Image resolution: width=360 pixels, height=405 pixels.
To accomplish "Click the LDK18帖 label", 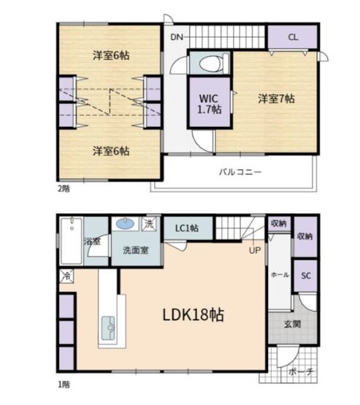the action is (193, 315).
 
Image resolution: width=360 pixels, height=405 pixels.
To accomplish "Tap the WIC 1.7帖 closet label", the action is (210, 104).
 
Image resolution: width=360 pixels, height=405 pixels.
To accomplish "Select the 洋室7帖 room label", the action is (276, 99).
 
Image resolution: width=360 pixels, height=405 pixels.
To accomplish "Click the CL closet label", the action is (293, 37).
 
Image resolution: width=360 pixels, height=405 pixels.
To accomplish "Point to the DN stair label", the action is (177, 37).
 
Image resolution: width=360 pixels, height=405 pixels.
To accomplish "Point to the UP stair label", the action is (255, 250).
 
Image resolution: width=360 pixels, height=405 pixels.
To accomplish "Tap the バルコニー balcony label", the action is (240, 171).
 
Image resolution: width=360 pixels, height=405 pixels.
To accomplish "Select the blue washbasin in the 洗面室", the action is (125, 223).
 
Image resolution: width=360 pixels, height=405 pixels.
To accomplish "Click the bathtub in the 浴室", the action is (72, 242).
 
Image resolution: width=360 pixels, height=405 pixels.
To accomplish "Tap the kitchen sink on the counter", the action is (108, 328).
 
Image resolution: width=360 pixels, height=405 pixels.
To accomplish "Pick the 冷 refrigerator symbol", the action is (66, 276).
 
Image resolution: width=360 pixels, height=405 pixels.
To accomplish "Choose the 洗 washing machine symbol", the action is (150, 224).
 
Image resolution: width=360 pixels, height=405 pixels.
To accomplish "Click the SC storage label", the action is (306, 276).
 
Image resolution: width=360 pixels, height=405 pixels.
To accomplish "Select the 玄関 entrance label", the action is (292, 324).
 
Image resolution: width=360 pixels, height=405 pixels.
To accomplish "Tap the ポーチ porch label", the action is (301, 371).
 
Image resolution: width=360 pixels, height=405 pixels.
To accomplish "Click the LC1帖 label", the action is (187, 228).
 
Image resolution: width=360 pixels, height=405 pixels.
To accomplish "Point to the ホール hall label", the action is (280, 275).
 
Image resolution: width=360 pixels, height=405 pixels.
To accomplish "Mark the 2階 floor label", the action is (64, 188).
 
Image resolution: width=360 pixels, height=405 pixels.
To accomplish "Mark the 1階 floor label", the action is (64, 385).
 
